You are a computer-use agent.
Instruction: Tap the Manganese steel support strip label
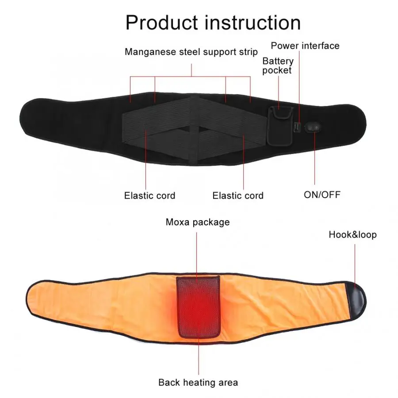coord(191,52)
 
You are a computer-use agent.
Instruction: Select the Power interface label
coord(305,46)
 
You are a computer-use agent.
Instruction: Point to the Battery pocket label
coord(278,65)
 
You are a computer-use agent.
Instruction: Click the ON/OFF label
coord(322,194)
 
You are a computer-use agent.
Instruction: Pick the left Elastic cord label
coord(149,195)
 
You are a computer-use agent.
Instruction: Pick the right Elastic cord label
coord(238,195)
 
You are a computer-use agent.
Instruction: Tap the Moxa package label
coord(198,222)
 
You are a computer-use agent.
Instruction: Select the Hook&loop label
coord(352,234)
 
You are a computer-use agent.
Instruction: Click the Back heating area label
coord(198,383)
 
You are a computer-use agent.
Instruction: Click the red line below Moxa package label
coord(197,252)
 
